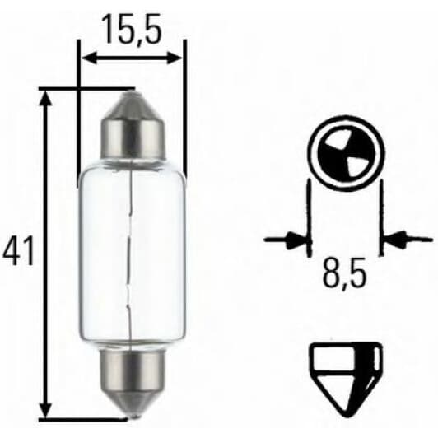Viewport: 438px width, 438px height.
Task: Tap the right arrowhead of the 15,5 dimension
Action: [x=174, y=58]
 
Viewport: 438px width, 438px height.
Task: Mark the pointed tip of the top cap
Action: [x=130, y=95]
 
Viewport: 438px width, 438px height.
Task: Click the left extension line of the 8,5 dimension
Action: [x=309, y=214]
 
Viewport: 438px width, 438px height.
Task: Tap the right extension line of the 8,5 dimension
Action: [x=382, y=214]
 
